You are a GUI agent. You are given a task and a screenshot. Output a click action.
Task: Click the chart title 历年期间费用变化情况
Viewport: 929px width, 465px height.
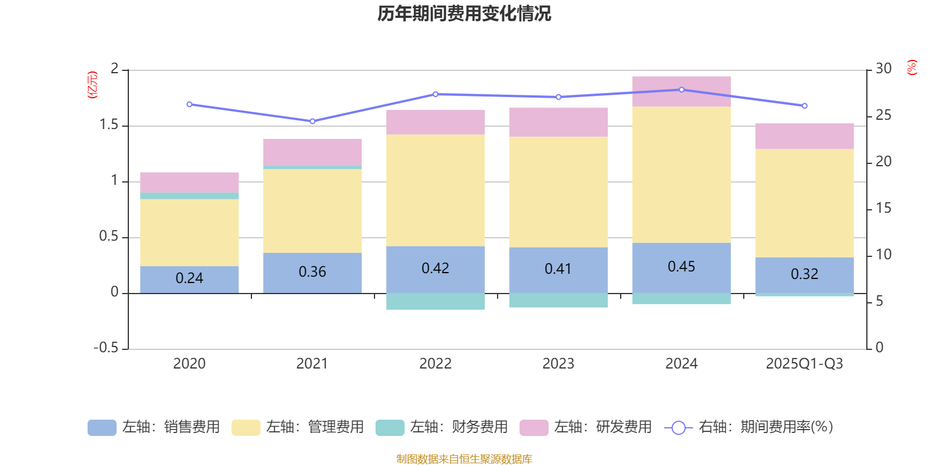tap(464, 13)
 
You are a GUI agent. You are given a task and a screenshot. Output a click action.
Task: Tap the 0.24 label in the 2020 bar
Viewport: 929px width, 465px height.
tap(189, 278)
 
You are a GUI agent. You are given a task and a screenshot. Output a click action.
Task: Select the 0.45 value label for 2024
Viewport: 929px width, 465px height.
tap(681, 267)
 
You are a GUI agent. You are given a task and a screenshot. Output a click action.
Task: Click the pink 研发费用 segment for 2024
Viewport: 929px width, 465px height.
tap(681, 91)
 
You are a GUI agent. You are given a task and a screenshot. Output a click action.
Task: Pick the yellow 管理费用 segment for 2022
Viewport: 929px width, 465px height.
tap(435, 190)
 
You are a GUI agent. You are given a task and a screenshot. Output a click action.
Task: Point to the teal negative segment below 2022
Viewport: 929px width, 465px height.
tap(435, 301)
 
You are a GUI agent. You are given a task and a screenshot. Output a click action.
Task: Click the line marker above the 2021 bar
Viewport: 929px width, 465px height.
tap(312, 121)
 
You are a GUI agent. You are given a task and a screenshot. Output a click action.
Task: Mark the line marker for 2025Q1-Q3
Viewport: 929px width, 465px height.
tap(804, 106)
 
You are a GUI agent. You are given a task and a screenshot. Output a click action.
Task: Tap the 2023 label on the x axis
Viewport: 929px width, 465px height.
tap(558, 364)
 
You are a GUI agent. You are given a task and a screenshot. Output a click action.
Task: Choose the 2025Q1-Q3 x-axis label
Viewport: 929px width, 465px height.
tap(804, 364)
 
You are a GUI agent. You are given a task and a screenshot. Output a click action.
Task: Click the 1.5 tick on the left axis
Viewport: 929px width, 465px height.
tap(109, 125)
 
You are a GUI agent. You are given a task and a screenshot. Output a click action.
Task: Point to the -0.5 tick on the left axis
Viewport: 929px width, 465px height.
tap(106, 348)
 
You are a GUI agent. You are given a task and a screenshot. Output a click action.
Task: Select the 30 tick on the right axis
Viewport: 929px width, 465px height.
tap(884, 69)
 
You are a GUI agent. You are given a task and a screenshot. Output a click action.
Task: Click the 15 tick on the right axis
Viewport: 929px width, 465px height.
tap(884, 208)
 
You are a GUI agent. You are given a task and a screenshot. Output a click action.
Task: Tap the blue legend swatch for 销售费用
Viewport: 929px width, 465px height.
tap(102, 428)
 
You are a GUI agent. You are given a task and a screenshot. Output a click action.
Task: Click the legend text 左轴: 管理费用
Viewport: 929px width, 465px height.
tap(315, 427)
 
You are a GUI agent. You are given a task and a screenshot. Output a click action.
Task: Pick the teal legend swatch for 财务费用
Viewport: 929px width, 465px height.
tap(390, 428)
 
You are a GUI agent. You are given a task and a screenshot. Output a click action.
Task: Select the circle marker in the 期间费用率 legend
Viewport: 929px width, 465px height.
tap(678, 428)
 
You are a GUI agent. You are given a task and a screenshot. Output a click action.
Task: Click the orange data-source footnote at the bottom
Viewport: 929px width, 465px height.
tap(464, 459)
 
